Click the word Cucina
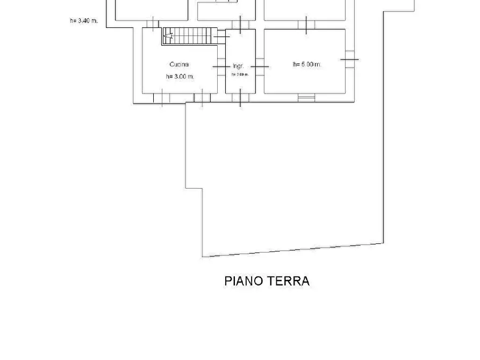[x=179, y=64]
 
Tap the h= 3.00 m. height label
[x=180, y=77]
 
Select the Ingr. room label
[x=238, y=66]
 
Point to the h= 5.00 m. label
[x=307, y=64]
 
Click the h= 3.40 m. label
[x=83, y=21]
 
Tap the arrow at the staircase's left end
[x=169, y=37]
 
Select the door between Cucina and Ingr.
[x=221, y=66]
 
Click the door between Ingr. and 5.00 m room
[x=260, y=66]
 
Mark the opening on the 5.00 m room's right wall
[x=349, y=59]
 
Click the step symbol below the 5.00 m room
[x=306, y=97]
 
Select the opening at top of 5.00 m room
[x=306, y=25]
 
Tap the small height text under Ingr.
[x=240, y=75]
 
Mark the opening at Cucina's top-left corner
[x=153, y=24]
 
